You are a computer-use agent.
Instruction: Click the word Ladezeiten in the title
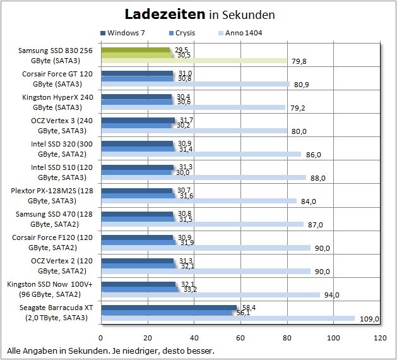pos(164,13)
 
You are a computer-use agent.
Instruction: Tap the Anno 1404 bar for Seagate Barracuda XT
pos(228,318)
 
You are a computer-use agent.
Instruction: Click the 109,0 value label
pos(369,319)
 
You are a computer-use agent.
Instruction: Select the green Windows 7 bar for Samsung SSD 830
pos(136,49)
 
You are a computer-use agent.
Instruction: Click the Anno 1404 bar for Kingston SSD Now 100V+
pos(210,294)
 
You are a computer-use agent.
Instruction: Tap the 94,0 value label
pos(331,295)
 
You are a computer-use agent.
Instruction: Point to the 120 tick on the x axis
pos(380,338)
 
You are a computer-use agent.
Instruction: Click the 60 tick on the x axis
pos(240,338)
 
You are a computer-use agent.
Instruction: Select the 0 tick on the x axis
pos(101,338)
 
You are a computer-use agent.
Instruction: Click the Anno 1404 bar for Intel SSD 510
pos(203,177)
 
